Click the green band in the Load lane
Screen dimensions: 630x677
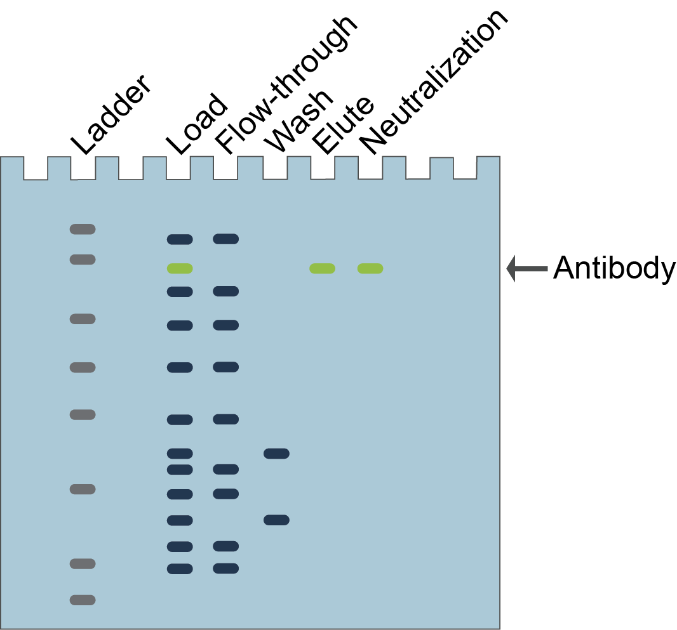click(x=180, y=268)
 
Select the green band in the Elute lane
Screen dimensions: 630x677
click(x=322, y=268)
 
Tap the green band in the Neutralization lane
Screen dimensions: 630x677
click(x=370, y=268)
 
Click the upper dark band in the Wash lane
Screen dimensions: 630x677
click(x=276, y=454)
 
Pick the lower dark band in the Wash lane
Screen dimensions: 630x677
click(x=276, y=520)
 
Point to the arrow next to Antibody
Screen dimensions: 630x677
click(x=526, y=269)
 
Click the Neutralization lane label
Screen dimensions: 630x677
click(x=434, y=82)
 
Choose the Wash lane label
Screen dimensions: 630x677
click(x=300, y=121)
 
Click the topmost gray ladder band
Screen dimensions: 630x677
click(x=83, y=229)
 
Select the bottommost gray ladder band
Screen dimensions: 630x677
click(x=83, y=600)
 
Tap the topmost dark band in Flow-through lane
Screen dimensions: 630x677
click(x=225, y=239)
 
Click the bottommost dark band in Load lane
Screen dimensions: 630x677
click(x=180, y=568)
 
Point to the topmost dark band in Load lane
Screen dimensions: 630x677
click(x=180, y=239)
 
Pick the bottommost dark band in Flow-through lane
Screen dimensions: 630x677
click(x=225, y=568)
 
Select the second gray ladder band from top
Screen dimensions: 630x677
click(x=83, y=259)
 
